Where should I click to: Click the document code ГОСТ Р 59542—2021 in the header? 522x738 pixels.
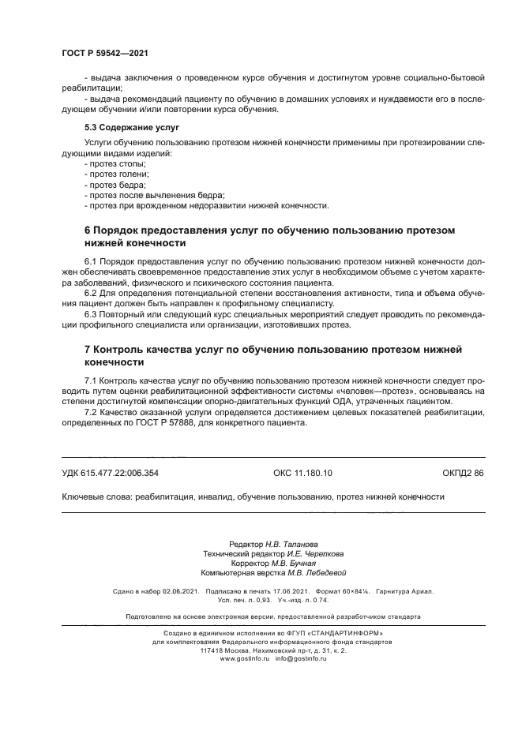pos(105,53)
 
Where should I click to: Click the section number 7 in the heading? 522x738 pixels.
pos(87,348)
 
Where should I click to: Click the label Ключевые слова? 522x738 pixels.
pos(96,497)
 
